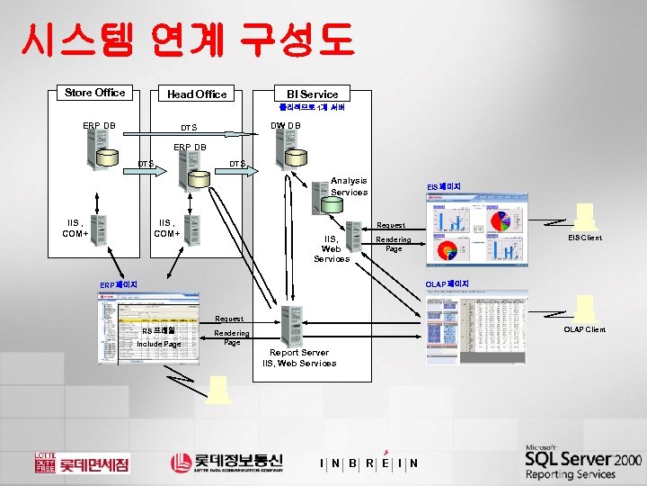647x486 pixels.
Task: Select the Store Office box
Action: (x=95, y=93)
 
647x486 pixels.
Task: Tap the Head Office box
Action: (x=197, y=94)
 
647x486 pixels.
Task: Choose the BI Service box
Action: (x=312, y=94)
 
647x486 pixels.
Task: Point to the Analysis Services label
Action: (x=349, y=186)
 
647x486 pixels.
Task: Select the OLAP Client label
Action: (x=584, y=329)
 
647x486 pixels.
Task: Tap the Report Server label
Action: (x=299, y=353)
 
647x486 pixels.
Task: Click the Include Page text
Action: (x=159, y=344)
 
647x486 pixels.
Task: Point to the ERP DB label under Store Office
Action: (x=98, y=126)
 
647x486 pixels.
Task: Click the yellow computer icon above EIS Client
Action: (x=585, y=216)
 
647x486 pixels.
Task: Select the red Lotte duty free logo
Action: (x=82, y=462)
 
